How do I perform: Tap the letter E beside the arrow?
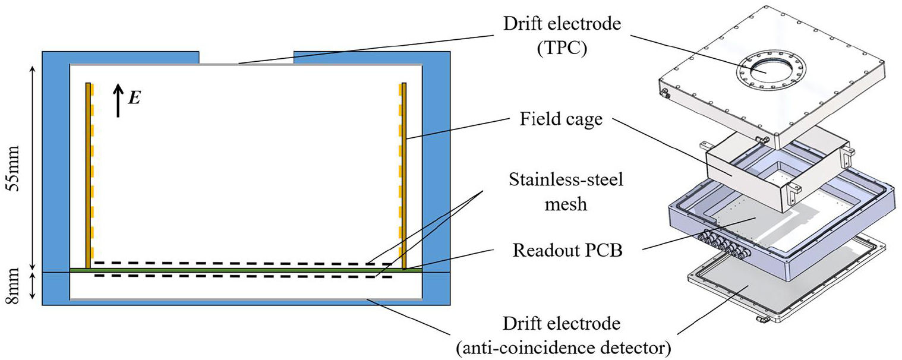[134, 97]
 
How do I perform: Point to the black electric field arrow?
[118, 100]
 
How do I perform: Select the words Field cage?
[561, 119]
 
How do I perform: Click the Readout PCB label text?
[567, 251]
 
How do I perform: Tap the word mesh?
[566, 204]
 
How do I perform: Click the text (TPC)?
[562, 48]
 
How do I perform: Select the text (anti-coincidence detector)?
[564, 347]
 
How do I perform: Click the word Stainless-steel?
[566, 179]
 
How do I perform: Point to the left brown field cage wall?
[88, 176]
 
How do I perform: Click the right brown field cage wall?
[404, 176]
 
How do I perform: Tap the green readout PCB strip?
[246, 270]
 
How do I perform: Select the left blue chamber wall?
[56, 178]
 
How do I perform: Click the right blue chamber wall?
[436, 178]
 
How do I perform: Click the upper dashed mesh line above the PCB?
[243, 263]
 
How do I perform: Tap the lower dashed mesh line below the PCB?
[243, 276]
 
